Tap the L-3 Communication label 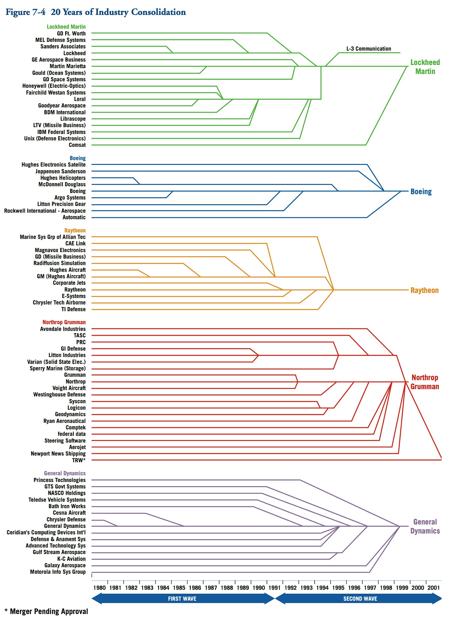369,49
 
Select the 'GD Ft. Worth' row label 71,33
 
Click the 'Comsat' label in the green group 77,145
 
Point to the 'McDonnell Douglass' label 62,184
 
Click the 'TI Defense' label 73,309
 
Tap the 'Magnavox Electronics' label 60,250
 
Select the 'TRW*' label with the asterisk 79,460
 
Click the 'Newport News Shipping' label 58,453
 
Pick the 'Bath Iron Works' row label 67,506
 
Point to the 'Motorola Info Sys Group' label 58,572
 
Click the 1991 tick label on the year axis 274,588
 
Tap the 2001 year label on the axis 433,588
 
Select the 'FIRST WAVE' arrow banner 182,599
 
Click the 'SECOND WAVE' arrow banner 360,599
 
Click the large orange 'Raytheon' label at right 424,290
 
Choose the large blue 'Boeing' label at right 421,191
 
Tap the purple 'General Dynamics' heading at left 65,473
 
